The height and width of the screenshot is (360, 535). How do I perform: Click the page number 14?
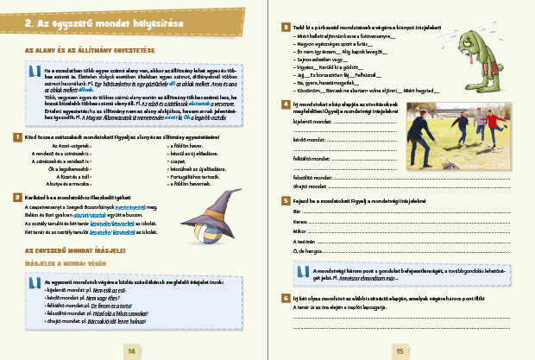pyautogui.click(x=131, y=351)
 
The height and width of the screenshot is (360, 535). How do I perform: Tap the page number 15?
pyautogui.click(x=400, y=351)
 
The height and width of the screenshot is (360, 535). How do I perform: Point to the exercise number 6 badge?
pyautogui.click(x=285, y=298)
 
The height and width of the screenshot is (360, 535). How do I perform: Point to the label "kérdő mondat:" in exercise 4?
pyautogui.click(x=312, y=140)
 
